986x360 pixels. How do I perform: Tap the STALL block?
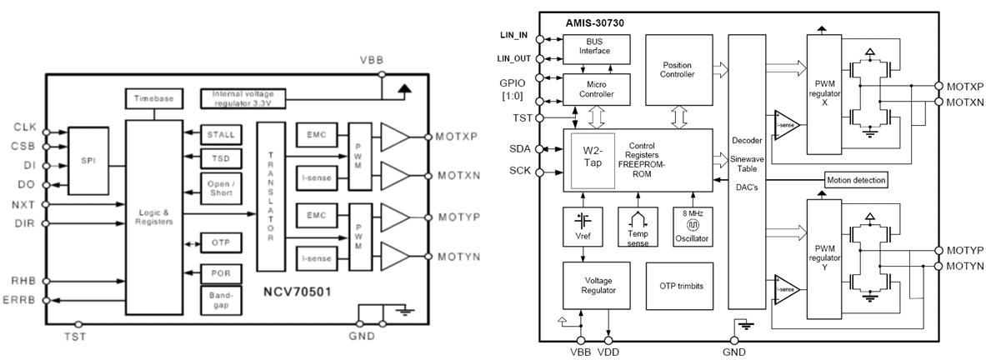[220, 133]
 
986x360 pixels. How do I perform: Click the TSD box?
[220, 159]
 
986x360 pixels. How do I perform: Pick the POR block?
[220, 273]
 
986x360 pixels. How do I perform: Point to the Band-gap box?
[220, 300]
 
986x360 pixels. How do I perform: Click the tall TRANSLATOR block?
[270, 197]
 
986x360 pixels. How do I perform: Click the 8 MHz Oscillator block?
[689, 225]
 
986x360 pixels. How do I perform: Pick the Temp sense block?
[638, 225]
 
